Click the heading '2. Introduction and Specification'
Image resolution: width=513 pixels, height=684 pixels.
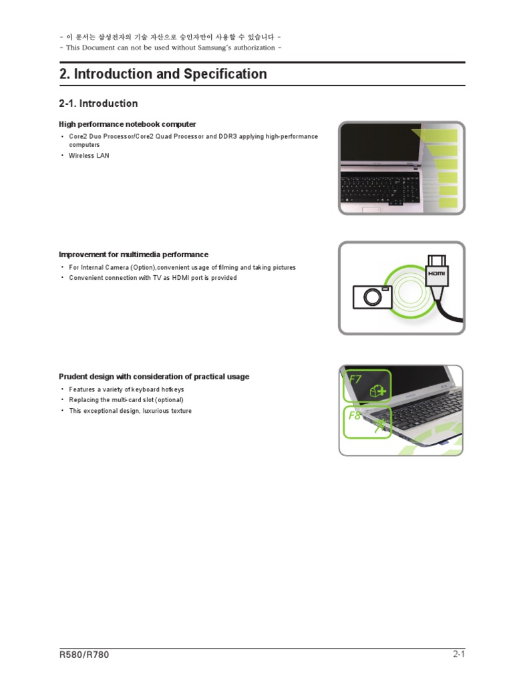[x=163, y=74]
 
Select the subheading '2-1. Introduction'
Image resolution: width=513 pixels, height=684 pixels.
[x=98, y=104]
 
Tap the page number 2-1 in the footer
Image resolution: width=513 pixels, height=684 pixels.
[x=458, y=655]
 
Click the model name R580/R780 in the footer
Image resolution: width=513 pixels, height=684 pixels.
[x=84, y=655]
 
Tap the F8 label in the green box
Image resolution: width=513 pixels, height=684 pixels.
[x=355, y=415]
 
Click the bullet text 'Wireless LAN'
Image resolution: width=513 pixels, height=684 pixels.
[x=89, y=156]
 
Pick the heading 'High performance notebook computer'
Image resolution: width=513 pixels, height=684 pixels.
[x=127, y=124]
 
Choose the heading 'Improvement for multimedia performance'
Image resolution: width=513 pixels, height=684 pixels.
[x=134, y=254]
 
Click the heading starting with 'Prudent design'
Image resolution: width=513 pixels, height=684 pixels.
[x=154, y=377]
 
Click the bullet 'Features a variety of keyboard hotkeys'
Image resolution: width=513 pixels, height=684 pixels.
[x=126, y=389]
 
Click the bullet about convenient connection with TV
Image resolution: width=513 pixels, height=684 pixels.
[x=152, y=278]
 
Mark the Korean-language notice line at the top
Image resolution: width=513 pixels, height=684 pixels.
[x=170, y=37]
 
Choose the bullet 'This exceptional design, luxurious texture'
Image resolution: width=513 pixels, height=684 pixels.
[x=130, y=411]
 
